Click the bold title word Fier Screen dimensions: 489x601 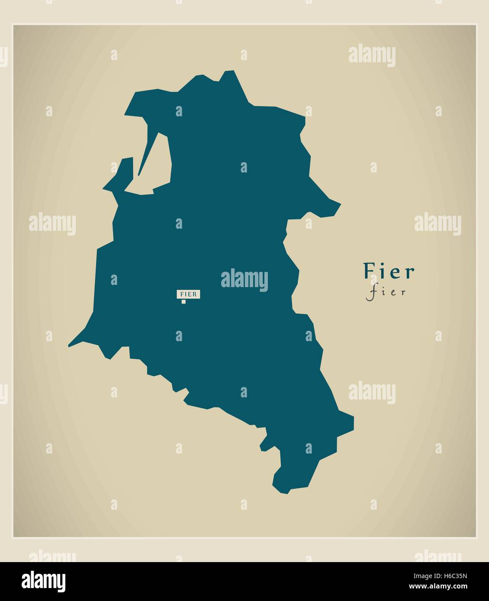pyautogui.click(x=389, y=272)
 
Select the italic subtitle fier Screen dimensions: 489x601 pyautogui.click(x=386, y=292)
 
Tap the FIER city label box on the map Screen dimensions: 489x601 pyautogui.click(x=188, y=294)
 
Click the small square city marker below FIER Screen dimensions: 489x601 pyautogui.click(x=183, y=302)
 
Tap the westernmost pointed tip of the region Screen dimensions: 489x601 pyautogui.click(x=69, y=346)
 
